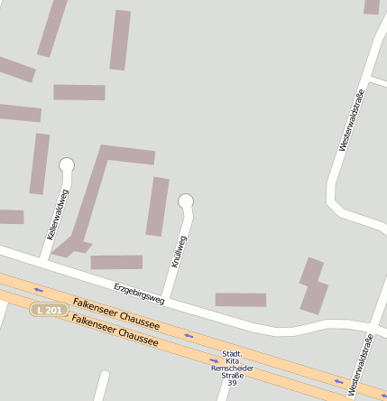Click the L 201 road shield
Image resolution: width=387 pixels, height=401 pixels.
(50, 310)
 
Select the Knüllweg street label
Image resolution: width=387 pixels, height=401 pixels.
(179, 250)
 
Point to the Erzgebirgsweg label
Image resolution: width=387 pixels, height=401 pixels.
(140, 292)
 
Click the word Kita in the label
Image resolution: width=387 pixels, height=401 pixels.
(232, 361)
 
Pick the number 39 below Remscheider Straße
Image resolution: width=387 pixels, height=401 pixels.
(232, 383)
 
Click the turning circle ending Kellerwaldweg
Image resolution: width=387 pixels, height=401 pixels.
(66, 165)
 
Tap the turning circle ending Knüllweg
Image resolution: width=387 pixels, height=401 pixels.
(186, 200)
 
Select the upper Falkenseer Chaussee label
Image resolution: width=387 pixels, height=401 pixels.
(116, 312)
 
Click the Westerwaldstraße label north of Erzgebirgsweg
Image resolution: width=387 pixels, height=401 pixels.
(351, 119)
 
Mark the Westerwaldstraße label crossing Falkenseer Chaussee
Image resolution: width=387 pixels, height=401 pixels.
(360, 365)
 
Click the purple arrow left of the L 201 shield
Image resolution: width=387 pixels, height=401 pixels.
(39, 290)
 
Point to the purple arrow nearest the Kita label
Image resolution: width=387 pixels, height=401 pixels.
(215, 360)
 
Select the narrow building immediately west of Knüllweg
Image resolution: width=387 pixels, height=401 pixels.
(158, 206)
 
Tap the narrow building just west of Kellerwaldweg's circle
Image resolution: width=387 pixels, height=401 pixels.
(39, 163)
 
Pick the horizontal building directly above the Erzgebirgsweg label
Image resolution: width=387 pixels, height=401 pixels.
(116, 262)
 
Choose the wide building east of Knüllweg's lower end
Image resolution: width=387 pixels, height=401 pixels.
(240, 299)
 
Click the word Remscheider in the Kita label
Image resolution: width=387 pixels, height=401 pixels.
(233, 368)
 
